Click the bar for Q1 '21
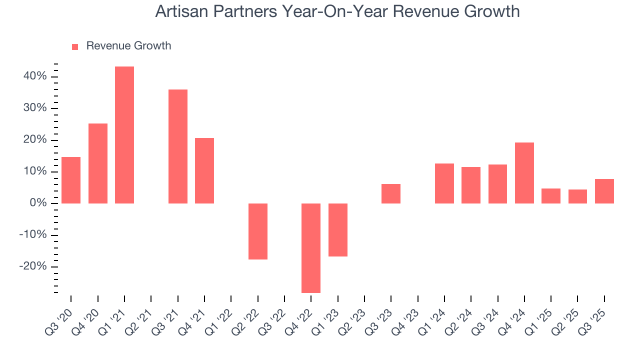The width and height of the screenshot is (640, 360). [x=124, y=135]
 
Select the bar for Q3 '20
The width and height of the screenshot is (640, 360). [x=71, y=180]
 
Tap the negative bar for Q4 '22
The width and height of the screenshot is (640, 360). [x=311, y=248]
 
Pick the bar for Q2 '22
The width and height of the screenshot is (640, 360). [x=258, y=231]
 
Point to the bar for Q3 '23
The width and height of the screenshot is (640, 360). [x=391, y=193]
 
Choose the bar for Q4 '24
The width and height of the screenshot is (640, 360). [x=524, y=173]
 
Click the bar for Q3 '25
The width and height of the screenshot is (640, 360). [x=604, y=191]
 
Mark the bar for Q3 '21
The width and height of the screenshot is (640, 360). [x=178, y=146]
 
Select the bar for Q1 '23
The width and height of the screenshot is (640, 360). [x=338, y=230]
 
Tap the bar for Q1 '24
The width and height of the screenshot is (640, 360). [x=444, y=183]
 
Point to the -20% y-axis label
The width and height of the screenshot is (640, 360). [x=34, y=266]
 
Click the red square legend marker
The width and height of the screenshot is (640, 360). [x=75, y=46]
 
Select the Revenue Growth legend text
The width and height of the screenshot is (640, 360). [x=128, y=46]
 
